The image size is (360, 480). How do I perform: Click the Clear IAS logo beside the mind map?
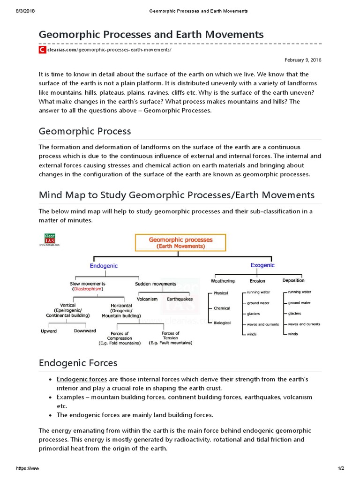click(49, 240)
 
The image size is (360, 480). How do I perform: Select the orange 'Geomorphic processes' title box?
click(180, 242)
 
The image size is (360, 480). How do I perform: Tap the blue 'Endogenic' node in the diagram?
click(104, 265)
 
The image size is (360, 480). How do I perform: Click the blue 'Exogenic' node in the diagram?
click(262, 265)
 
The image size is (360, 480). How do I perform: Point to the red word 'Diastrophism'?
click(87, 289)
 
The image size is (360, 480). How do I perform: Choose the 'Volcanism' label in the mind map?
click(147, 299)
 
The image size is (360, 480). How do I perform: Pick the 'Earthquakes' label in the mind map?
click(180, 299)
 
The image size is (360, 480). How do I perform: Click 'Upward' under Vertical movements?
click(49, 331)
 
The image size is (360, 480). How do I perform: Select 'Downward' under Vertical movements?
click(85, 331)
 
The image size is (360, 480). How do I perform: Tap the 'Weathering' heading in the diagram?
click(223, 281)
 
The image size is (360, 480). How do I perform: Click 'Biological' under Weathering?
click(222, 323)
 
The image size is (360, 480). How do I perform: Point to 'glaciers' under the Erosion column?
click(254, 314)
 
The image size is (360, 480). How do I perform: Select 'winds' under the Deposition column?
click(293, 334)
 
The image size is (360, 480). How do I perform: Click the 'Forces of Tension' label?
click(170, 336)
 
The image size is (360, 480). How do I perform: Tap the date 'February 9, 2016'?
click(303, 60)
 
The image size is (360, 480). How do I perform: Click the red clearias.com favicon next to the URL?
click(42, 49)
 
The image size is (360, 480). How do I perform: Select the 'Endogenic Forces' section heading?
click(78, 363)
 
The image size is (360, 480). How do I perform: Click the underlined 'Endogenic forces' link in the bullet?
click(82, 379)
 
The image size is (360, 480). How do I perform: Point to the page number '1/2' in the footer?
click(341, 469)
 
